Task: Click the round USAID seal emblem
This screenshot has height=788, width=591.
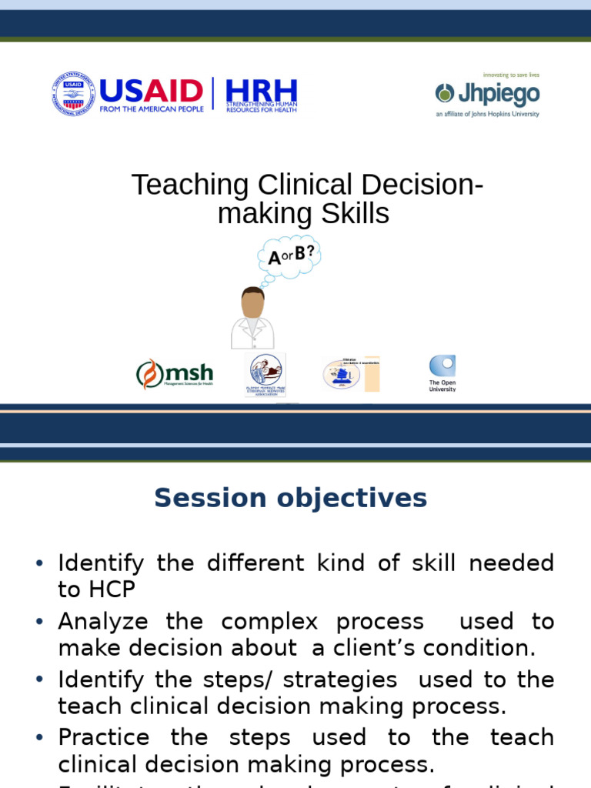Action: click(x=73, y=94)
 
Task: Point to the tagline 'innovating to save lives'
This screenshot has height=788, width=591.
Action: click(x=511, y=75)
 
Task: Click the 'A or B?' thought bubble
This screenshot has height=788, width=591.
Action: click(x=290, y=257)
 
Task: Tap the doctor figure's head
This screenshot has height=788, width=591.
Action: click(x=252, y=302)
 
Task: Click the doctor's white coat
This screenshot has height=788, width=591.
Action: click(x=252, y=334)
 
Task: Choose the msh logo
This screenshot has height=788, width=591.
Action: click(x=175, y=374)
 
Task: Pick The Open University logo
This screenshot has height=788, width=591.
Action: click(x=442, y=373)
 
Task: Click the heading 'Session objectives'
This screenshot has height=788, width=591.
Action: click(x=290, y=498)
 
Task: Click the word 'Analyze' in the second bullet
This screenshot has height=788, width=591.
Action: click(x=105, y=621)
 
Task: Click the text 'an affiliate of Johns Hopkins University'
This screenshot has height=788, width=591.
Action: click(x=487, y=114)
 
